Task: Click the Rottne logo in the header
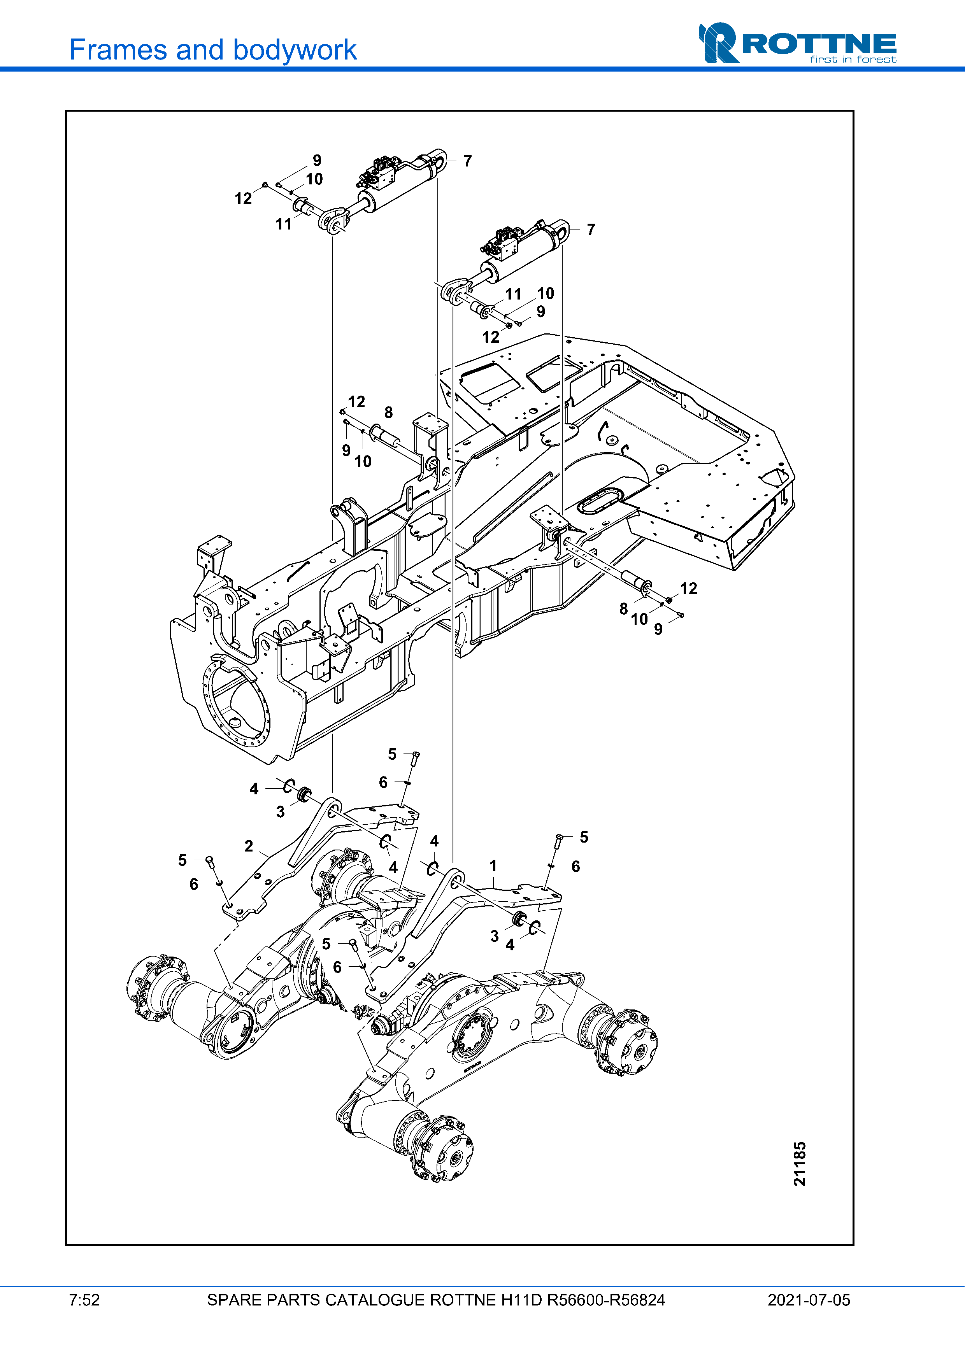coord(797,43)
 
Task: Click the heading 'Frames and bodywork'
coord(213,50)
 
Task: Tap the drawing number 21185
coord(800,1163)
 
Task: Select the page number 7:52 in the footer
coord(84,1300)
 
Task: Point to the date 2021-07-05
coord(809,1300)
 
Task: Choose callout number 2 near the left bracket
coord(249,846)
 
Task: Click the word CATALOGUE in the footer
coord(375,1300)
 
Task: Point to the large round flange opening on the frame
coord(237,704)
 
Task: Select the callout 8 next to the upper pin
coord(388,413)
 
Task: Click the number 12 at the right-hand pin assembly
coord(688,589)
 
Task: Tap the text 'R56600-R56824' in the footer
coord(606,1300)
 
